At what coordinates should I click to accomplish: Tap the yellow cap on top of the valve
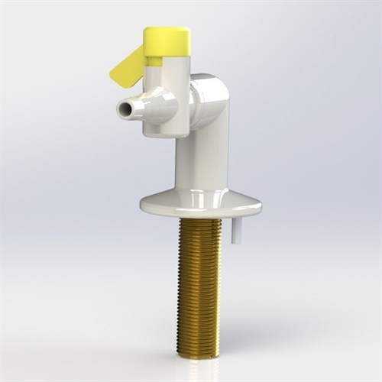[x=167, y=38]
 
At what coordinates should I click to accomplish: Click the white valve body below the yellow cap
[x=167, y=95]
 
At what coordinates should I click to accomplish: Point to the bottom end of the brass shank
[x=199, y=353]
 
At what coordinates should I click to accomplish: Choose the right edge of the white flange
[x=259, y=206]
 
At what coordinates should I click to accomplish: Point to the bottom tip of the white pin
[x=236, y=242]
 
